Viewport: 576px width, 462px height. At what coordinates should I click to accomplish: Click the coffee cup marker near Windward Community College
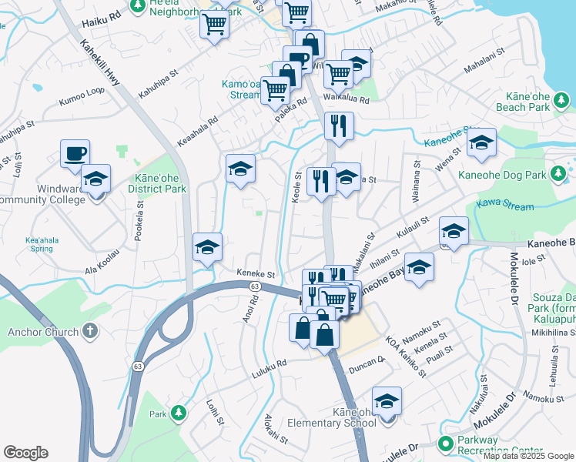(75, 153)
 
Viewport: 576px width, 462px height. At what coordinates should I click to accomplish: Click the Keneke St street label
(256, 273)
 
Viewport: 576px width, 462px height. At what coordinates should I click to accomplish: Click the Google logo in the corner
(25, 453)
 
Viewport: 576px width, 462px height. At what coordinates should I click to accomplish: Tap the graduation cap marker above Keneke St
(207, 247)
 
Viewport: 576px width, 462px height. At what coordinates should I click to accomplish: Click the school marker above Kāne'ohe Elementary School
(387, 400)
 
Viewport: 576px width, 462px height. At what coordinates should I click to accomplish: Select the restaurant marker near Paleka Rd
(339, 126)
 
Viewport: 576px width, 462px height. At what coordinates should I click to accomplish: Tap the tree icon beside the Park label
(179, 413)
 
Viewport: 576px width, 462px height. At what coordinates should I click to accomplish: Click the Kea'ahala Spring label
(42, 244)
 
